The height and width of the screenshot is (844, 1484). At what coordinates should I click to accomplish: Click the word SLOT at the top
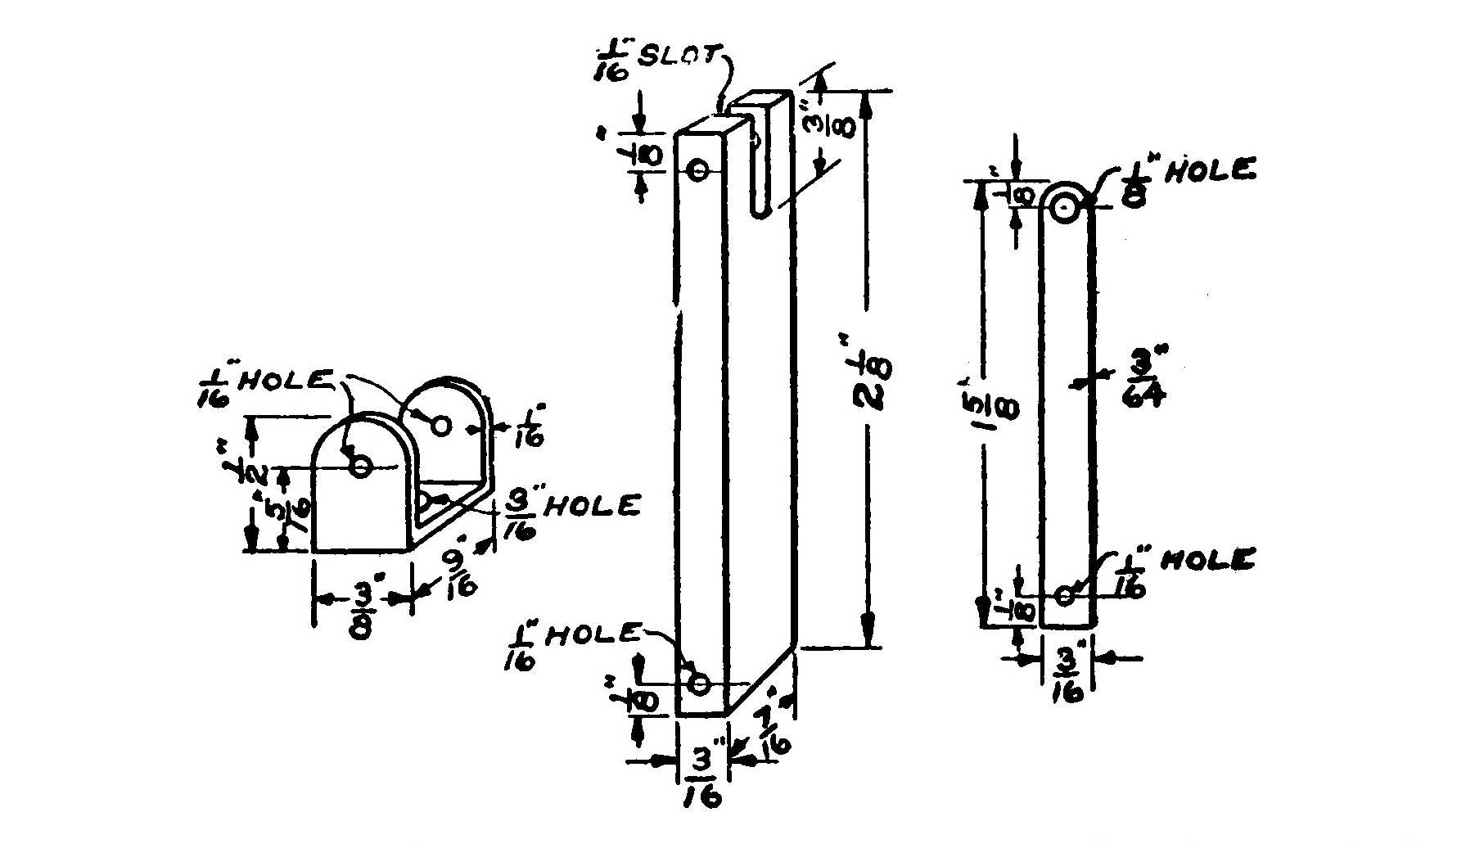click(687, 57)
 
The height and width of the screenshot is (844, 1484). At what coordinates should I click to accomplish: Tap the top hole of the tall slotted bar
click(699, 170)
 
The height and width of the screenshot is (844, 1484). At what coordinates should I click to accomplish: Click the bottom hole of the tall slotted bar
click(699, 682)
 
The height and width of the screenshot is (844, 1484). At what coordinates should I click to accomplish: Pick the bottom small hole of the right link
click(1064, 595)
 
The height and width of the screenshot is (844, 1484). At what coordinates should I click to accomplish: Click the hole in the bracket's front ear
click(361, 467)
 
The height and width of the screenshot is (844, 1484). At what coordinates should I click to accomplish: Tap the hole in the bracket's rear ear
click(440, 426)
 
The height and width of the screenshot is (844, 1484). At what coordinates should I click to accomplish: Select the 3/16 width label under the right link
click(1068, 675)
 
